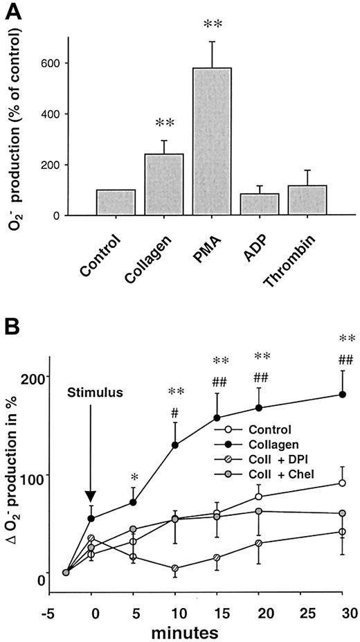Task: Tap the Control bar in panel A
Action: point(116,202)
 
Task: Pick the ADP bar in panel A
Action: point(260,204)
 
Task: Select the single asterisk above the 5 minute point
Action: point(134,477)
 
